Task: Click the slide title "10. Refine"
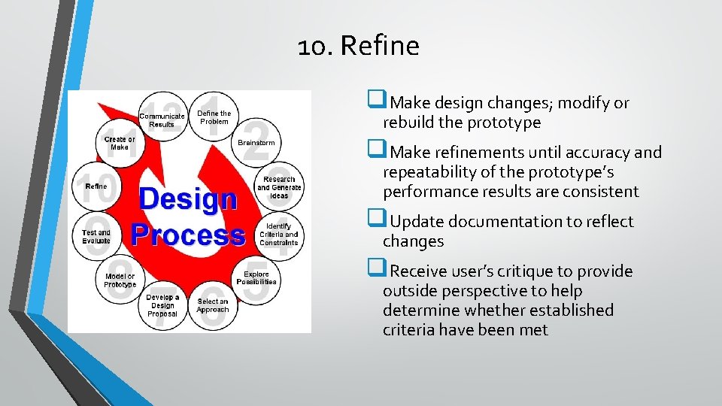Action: (358, 47)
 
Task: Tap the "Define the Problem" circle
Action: (214, 117)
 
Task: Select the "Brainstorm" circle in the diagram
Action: (256, 143)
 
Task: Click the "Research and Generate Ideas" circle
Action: (279, 187)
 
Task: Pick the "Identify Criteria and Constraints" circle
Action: (278, 234)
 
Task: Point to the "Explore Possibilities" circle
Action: (256, 278)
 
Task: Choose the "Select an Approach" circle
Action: (213, 305)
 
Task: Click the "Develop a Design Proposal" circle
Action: (162, 305)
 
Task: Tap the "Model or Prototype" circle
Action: (120, 280)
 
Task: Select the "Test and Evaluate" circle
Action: (96, 236)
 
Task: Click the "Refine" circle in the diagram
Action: (96, 186)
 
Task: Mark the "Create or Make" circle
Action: (120, 143)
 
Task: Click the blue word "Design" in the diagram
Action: (188, 200)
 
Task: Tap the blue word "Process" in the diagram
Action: (188, 235)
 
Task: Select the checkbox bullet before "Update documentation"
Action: (375, 220)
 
